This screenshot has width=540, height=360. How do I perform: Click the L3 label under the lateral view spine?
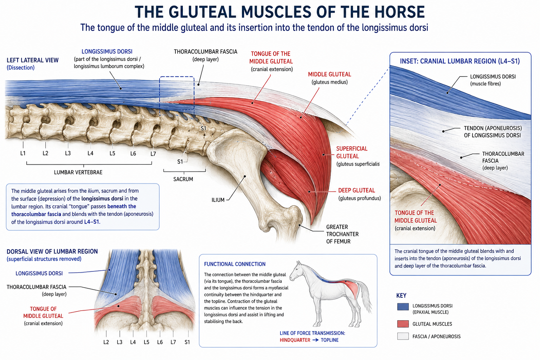pyautogui.click(x=68, y=153)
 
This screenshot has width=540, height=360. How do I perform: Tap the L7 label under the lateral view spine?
pyautogui.click(x=153, y=154)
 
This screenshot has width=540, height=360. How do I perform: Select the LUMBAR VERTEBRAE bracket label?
pyautogui.click(x=78, y=172)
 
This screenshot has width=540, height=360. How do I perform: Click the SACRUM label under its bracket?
pyautogui.click(x=183, y=179)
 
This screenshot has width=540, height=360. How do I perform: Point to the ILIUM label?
pyautogui.click(x=218, y=200)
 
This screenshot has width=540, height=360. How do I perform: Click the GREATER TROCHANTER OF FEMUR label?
pyautogui.click(x=342, y=234)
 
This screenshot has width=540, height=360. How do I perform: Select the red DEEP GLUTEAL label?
pyautogui.click(x=356, y=191)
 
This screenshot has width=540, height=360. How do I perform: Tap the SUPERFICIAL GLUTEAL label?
pyautogui.click(x=352, y=152)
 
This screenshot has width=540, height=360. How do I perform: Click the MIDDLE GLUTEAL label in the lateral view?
pyautogui.click(x=329, y=75)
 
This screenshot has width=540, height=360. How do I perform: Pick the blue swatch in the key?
pyautogui.click(x=403, y=307)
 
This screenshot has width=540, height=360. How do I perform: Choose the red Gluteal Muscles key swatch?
pyautogui.click(x=403, y=324)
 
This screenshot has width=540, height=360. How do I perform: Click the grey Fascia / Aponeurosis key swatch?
pyautogui.click(x=403, y=336)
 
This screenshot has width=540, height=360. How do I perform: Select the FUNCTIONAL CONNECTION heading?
pyautogui.click(x=234, y=264)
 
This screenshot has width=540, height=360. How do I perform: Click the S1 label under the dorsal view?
pyautogui.click(x=187, y=342)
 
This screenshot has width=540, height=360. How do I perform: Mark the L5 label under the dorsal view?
pyautogui.click(x=146, y=342)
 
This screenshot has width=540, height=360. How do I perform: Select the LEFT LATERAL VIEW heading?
pyautogui.click(x=33, y=60)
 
